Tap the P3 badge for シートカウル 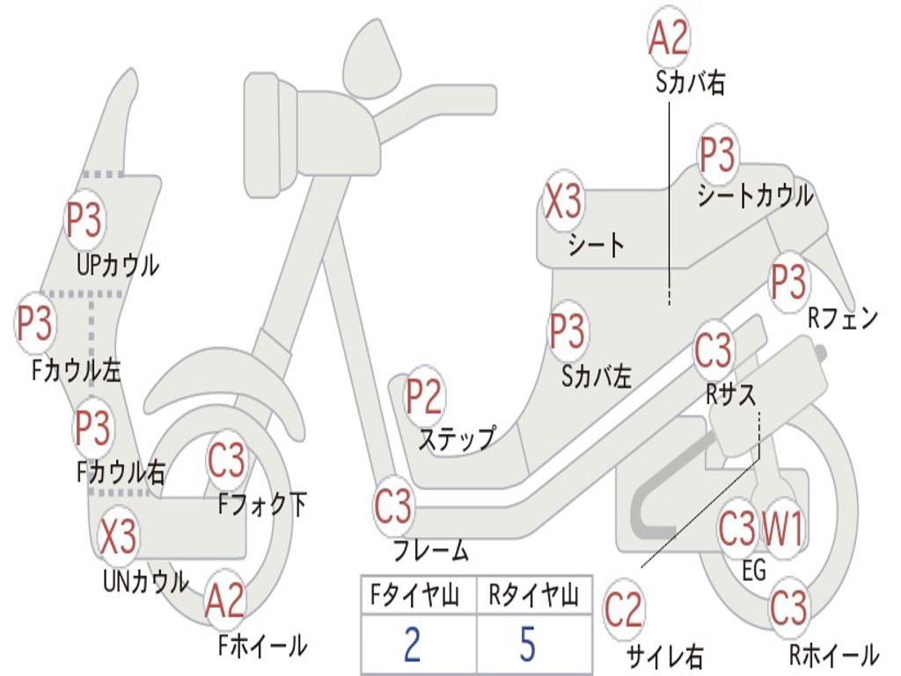pos(717,156)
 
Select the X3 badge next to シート pos(563,203)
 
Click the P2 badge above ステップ pos(424,398)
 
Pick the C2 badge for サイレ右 pos(624,611)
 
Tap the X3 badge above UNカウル pos(118,537)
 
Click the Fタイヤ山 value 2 pos(412,644)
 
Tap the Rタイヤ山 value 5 pos(527,644)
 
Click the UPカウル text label pos(118,264)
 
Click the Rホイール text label pos(832,655)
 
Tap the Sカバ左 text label pos(597,378)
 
